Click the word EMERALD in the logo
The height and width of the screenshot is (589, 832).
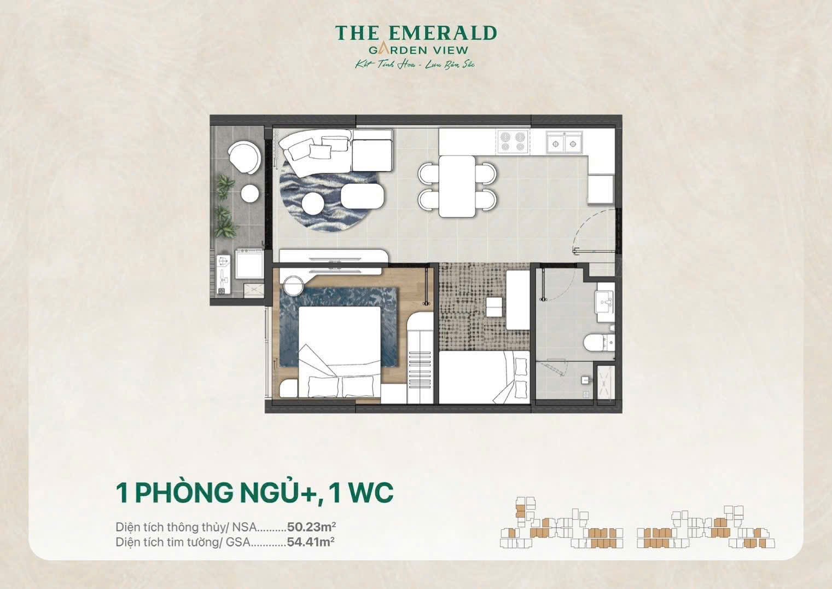(440, 33)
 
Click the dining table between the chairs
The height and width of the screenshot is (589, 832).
(457, 186)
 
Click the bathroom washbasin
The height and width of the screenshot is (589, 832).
(606, 300)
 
